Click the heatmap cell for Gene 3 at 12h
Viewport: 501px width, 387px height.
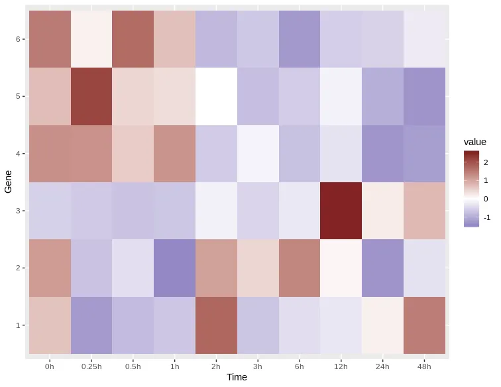(341, 211)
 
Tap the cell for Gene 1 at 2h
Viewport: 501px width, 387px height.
(216, 325)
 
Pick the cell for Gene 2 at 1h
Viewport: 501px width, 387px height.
(175, 268)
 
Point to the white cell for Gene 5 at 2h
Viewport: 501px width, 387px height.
(216, 96)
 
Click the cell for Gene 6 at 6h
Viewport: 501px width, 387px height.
(300, 39)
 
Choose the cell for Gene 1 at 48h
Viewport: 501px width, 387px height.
(425, 325)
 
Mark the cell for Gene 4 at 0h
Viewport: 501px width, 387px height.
(50, 154)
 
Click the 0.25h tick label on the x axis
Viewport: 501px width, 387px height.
(91, 366)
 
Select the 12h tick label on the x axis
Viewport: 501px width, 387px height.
(341, 366)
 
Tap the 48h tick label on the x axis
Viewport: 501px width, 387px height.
(425, 366)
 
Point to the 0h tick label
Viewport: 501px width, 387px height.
(50, 366)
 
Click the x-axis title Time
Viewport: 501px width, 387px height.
(237, 378)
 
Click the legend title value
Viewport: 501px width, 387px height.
(475, 142)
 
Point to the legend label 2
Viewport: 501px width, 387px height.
(486, 162)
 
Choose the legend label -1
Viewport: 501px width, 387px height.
(487, 217)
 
